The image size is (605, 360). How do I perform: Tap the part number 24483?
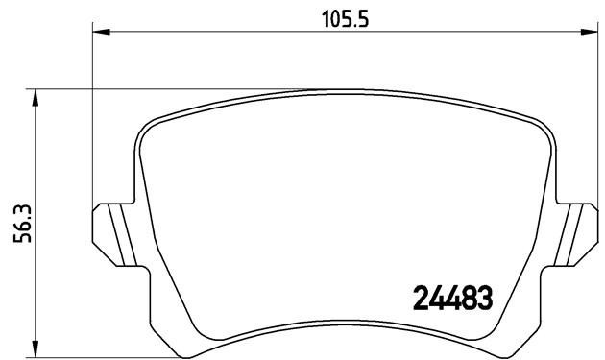pyautogui.click(x=452, y=299)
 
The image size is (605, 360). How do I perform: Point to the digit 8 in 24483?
pyautogui.click(x=469, y=299)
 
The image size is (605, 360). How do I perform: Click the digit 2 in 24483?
pyautogui.click(x=420, y=299)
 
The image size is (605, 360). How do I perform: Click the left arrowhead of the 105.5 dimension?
pyautogui.click(x=99, y=31)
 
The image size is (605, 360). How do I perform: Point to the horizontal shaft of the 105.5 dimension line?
pyautogui.click(x=240, y=31)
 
